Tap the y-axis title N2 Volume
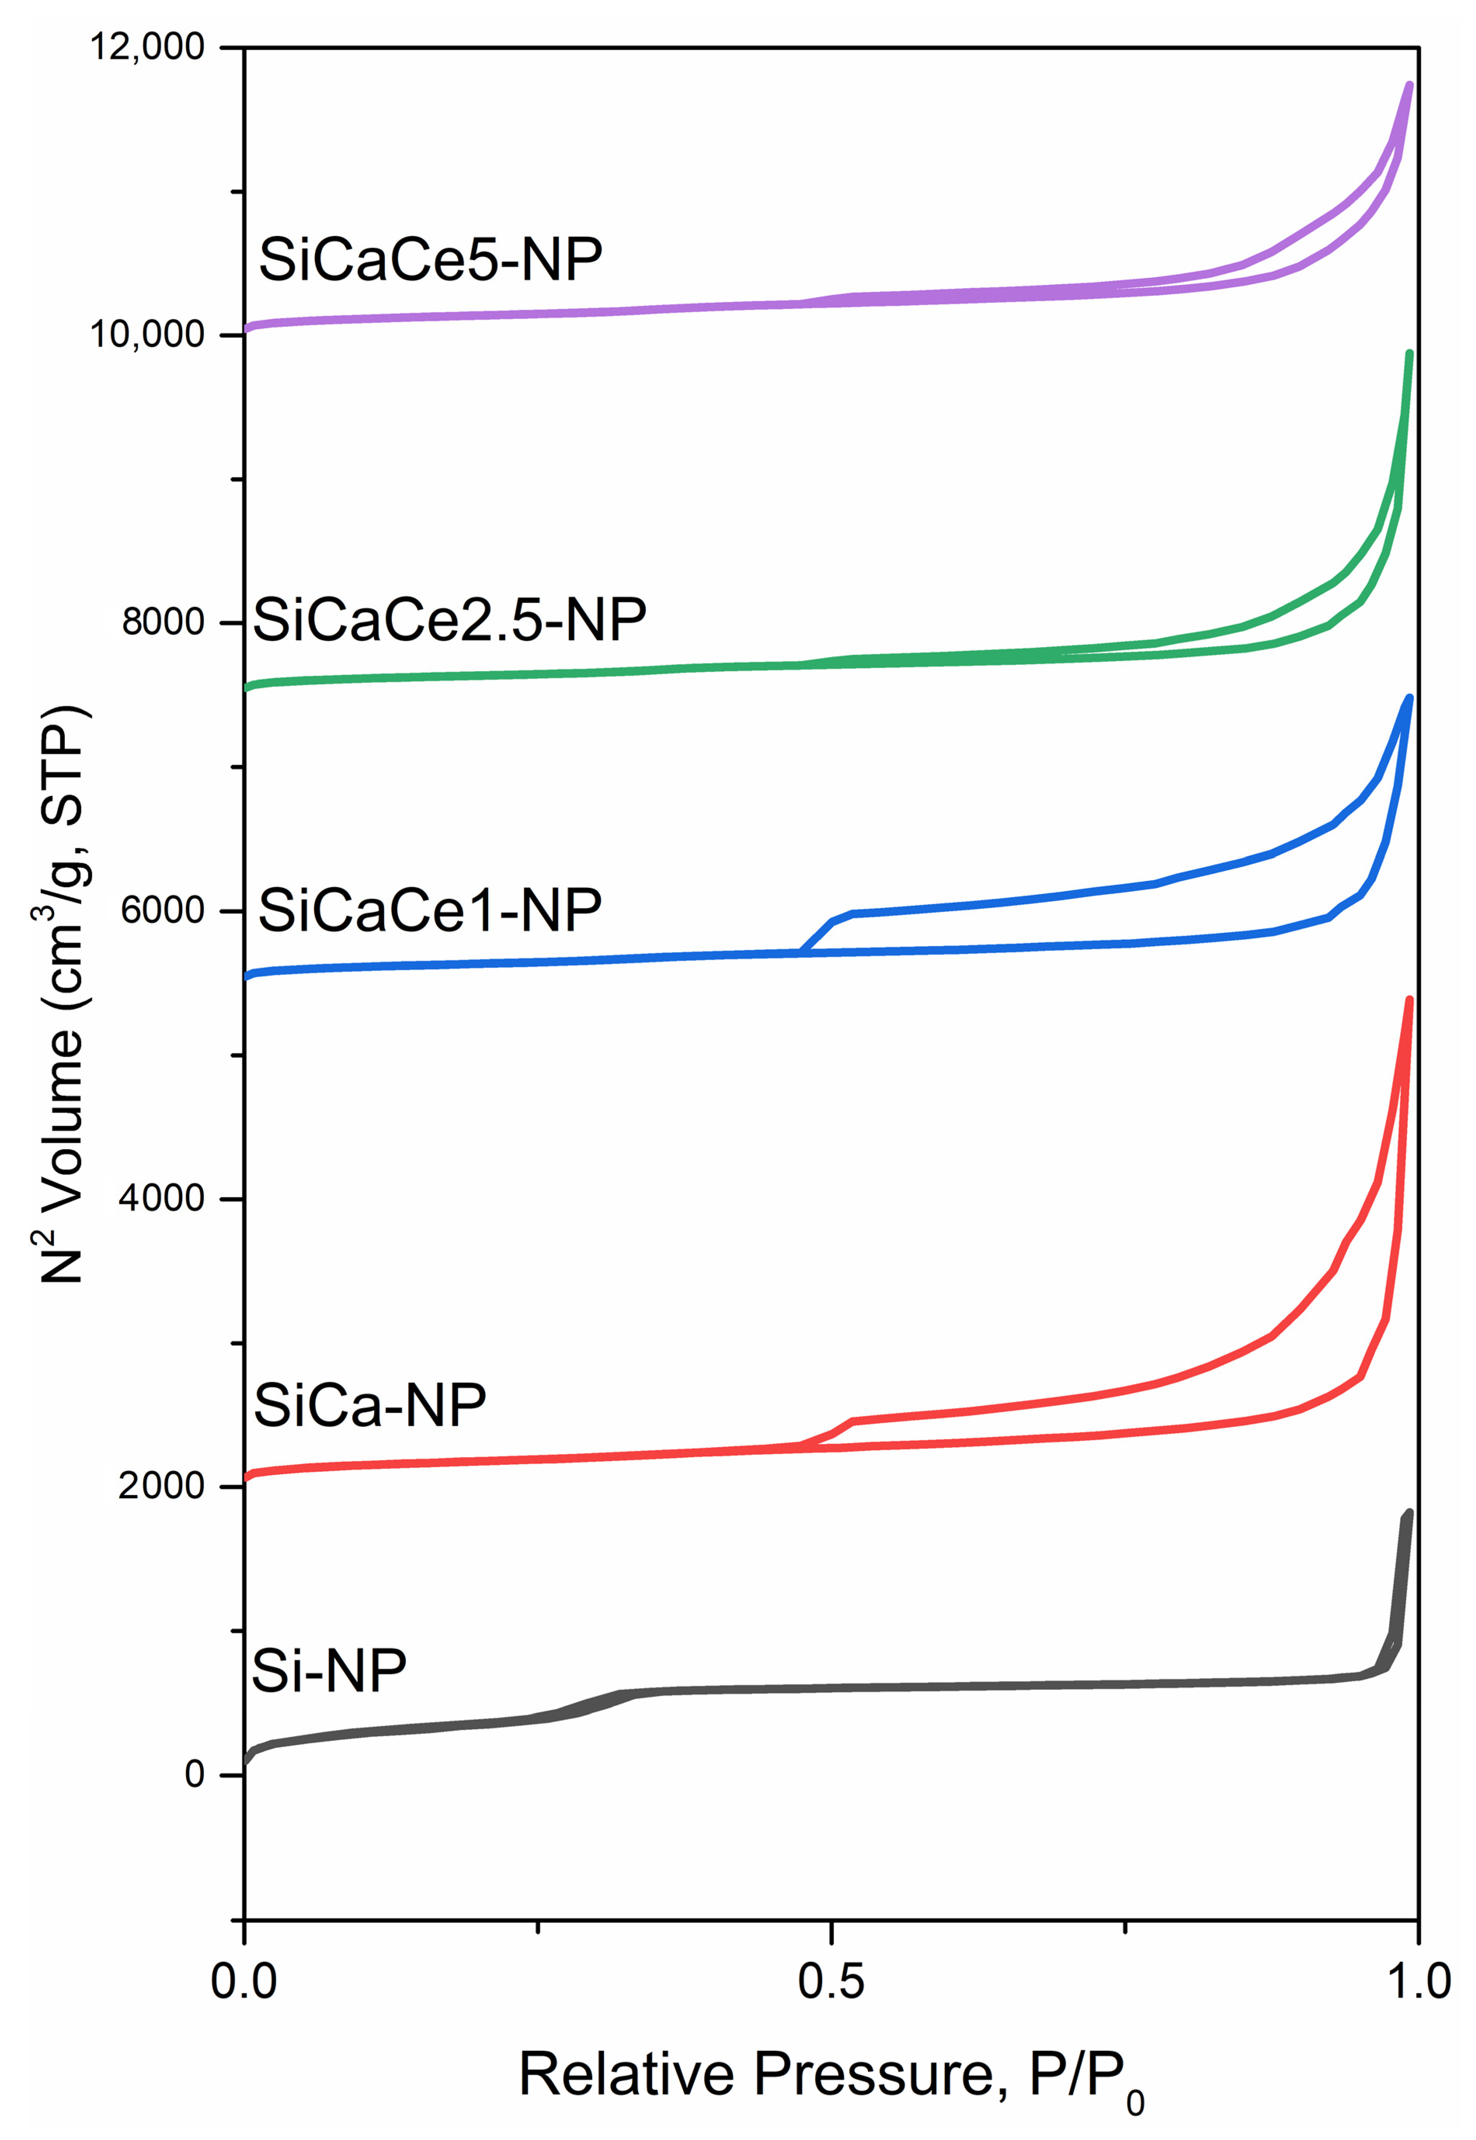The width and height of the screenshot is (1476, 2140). tap(63, 994)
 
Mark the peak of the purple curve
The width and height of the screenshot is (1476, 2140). tap(1410, 85)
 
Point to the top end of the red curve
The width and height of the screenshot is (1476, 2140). tap(1410, 1000)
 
